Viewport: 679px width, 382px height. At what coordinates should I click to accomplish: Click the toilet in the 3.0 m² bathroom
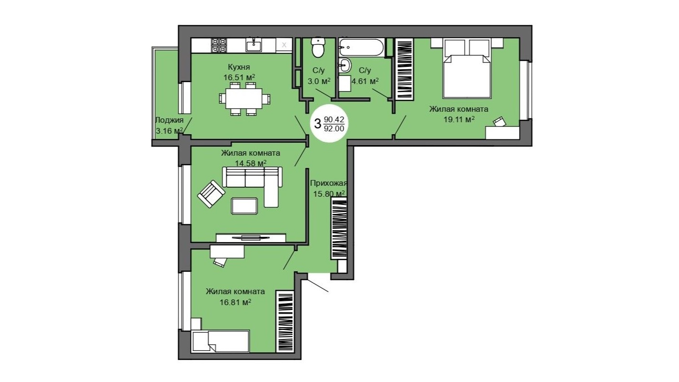coord(318,47)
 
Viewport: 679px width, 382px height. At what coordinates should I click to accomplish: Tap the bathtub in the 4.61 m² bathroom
coord(361,47)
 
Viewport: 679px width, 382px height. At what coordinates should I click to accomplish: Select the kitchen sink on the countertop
coord(254,45)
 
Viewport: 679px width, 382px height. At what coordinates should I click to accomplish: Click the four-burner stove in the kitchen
coord(219,45)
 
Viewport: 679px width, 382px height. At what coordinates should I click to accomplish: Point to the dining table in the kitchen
coord(244,99)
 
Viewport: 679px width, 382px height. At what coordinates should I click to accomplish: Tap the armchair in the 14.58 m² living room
coord(211,194)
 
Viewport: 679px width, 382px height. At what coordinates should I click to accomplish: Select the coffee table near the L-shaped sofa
coord(244,206)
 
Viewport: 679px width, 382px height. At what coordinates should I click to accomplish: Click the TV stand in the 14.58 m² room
coord(251,238)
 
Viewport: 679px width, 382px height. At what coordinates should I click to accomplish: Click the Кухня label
coord(239,67)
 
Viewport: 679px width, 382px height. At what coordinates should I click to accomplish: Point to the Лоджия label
coord(169,120)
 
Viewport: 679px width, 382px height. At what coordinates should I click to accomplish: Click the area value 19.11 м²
coord(459,119)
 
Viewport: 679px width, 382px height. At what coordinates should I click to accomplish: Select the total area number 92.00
coord(334,128)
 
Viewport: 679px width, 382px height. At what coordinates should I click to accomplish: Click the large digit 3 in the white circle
coord(318,124)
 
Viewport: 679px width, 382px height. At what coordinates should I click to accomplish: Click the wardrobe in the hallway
coord(339,228)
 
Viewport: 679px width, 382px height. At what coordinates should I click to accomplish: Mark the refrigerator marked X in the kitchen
coord(284,45)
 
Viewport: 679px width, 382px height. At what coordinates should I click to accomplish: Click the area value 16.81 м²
coord(235,302)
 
